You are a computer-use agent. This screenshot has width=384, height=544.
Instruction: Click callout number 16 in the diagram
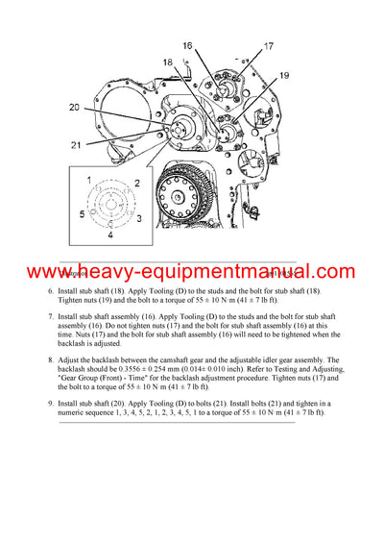point(187,45)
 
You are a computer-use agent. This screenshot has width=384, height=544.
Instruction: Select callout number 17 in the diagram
point(268,45)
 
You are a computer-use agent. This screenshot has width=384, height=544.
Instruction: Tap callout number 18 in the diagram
point(167,62)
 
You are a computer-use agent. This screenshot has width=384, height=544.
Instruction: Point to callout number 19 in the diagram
point(284,74)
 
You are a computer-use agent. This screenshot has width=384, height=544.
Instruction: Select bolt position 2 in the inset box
point(137,182)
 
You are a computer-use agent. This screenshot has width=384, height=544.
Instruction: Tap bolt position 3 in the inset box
point(138,219)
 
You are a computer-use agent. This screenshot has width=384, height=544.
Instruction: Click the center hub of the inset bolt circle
point(111,205)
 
